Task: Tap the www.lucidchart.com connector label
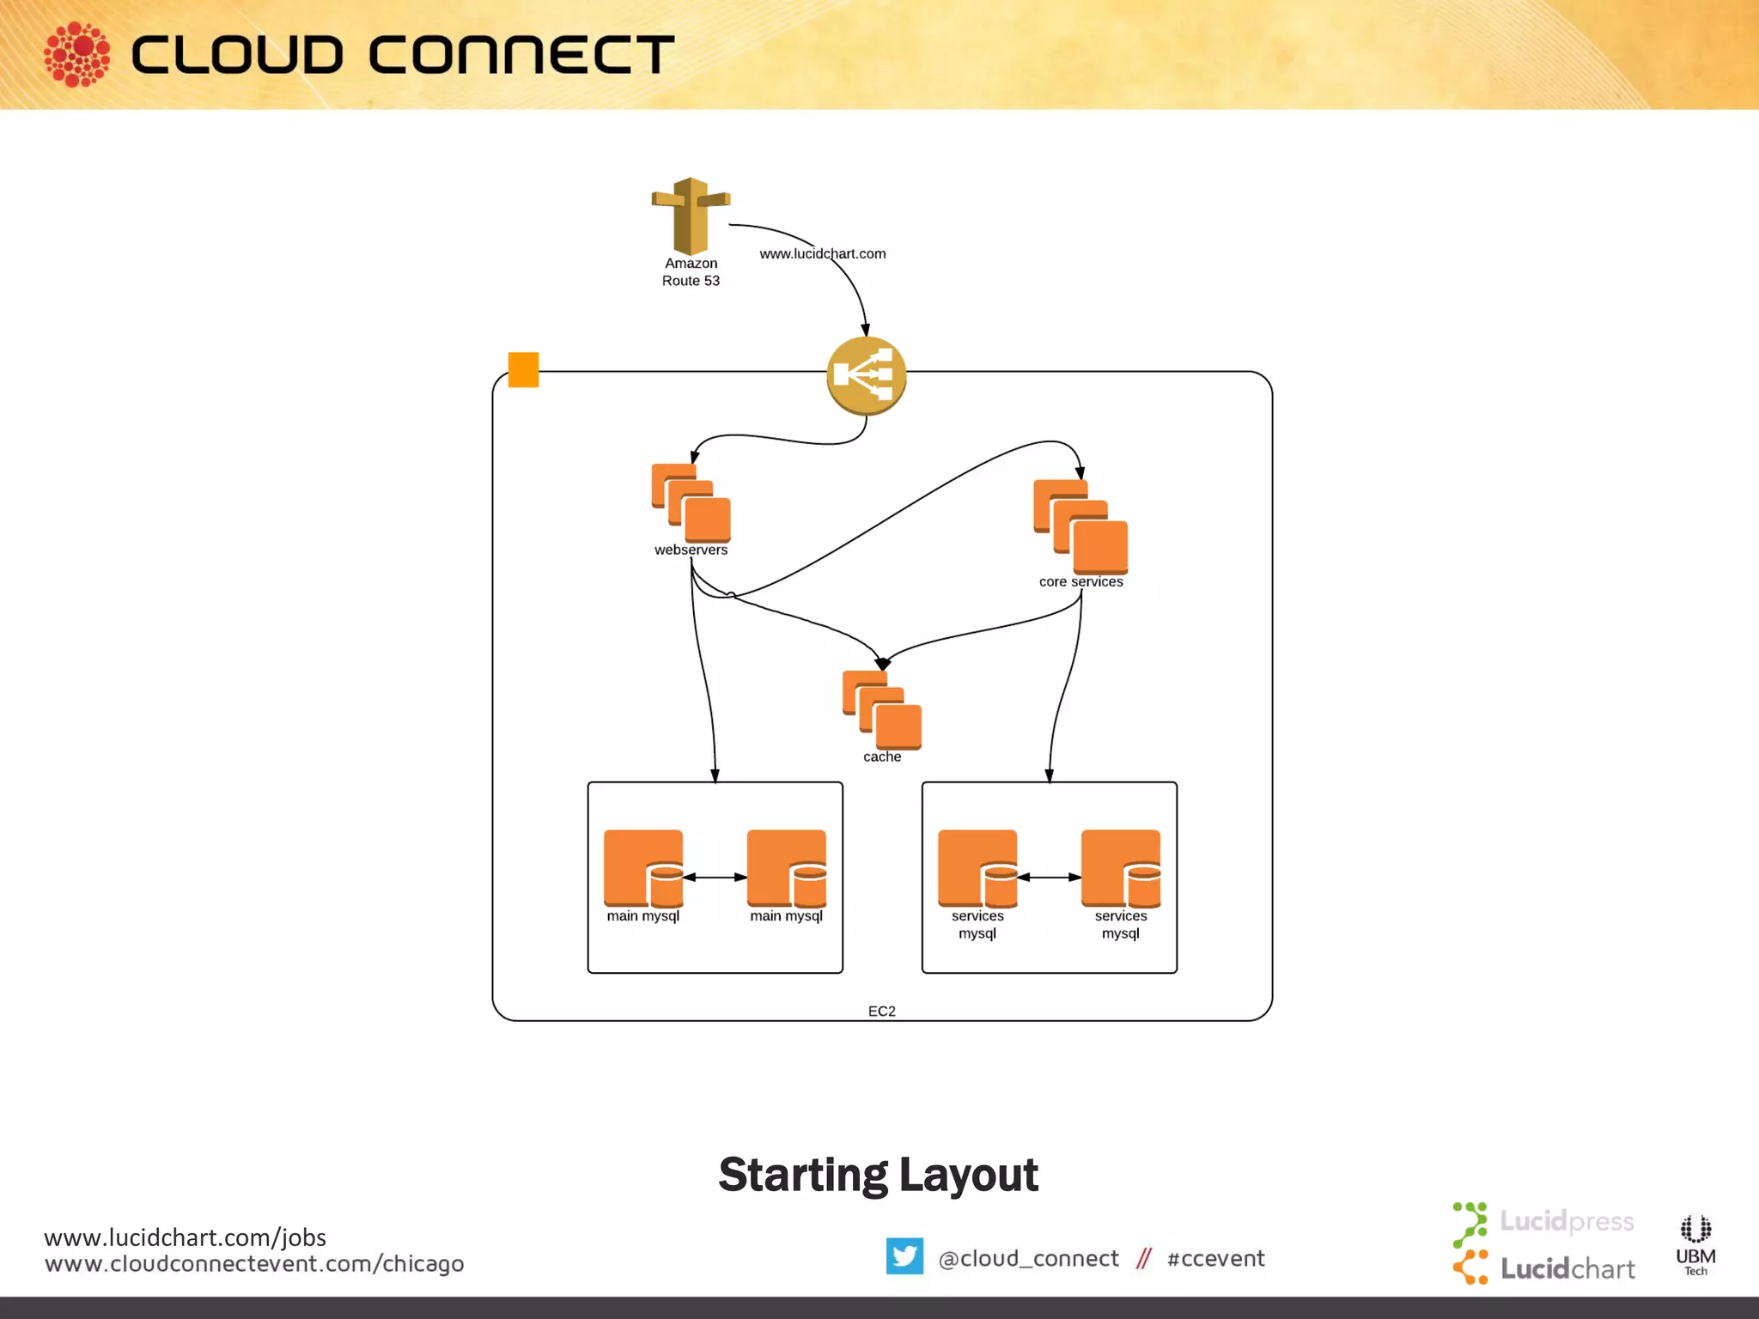pyautogui.click(x=822, y=253)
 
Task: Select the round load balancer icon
pyautogui.click(x=866, y=376)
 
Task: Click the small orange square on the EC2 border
pyautogui.click(x=523, y=370)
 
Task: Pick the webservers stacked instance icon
pyautogui.click(x=691, y=503)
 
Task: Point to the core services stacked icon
pyautogui.click(x=1080, y=526)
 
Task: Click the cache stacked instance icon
pyautogui.click(x=882, y=710)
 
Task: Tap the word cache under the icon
pyautogui.click(x=882, y=757)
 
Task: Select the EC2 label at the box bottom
pyautogui.click(x=881, y=1011)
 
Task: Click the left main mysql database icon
pyautogui.click(x=643, y=868)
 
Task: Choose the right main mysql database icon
pyautogui.click(x=786, y=868)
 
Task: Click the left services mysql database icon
pyautogui.click(x=977, y=868)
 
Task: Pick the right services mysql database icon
pyautogui.click(x=1120, y=868)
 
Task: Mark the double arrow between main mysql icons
pyautogui.click(x=715, y=878)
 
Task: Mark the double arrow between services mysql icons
pyautogui.click(x=1049, y=878)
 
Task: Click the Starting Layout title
pyautogui.click(x=878, y=1175)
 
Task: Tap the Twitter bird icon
pyautogui.click(x=904, y=1255)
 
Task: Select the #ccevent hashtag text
pyautogui.click(x=1215, y=1258)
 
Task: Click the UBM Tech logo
pyautogui.click(x=1695, y=1244)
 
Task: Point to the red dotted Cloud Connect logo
pyautogui.click(x=77, y=55)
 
